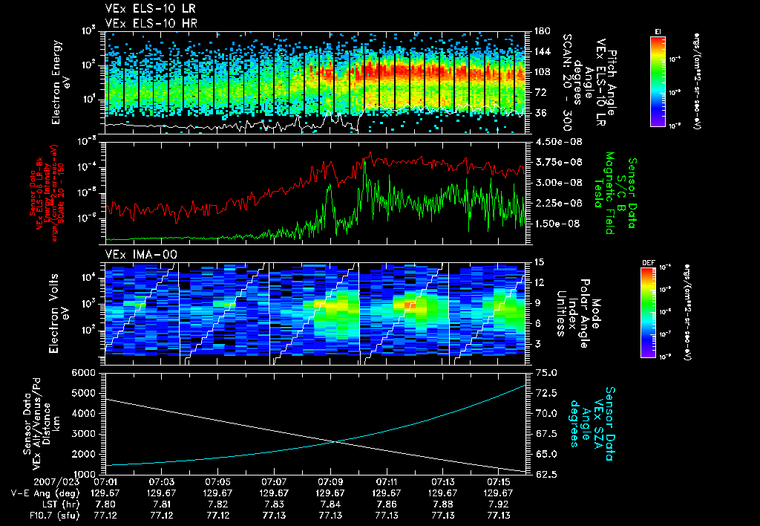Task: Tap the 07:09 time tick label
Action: [330, 481]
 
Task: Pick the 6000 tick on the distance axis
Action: [88, 372]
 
